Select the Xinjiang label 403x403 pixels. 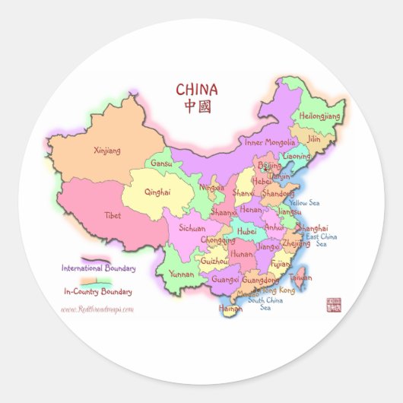pos(106,151)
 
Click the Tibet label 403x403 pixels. pos(113,215)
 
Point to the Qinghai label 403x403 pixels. pos(157,192)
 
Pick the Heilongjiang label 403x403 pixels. pos(320,116)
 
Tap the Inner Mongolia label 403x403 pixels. pos(268,142)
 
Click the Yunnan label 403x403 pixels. pos(182,273)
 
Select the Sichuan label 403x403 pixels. pos(192,227)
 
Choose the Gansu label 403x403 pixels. pos(162,163)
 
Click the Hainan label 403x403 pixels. pos(230,309)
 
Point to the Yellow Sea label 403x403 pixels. pos(304,203)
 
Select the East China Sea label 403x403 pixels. pos(322,240)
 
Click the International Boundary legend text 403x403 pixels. pos(99,268)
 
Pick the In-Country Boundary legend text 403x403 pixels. pos(98,291)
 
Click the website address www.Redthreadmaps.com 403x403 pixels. pos(97,309)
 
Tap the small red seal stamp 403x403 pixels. pos(333,304)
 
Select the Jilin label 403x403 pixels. pos(313,139)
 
